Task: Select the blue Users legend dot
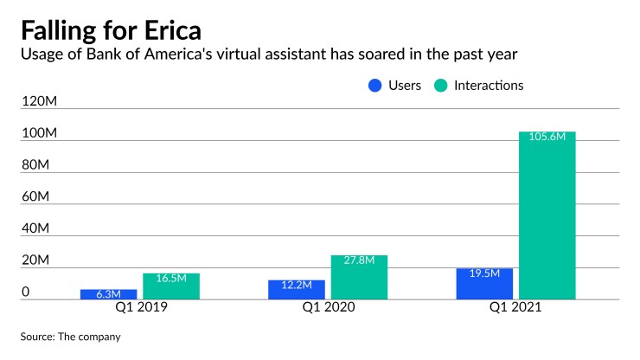click(x=374, y=86)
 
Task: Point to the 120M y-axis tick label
click(x=39, y=102)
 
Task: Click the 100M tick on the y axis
click(x=39, y=134)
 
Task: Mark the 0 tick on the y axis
click(x=26, y=292)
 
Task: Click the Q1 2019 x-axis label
click(x=139, y=309)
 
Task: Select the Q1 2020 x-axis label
click(x=328, y=309)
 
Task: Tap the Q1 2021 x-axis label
click(x=515, y=309)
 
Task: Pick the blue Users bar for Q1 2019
click(x=109, y=294)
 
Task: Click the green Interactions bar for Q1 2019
click(x=171, y=286)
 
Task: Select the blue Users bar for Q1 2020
click(x=297, y=290)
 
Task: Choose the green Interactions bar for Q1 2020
click(x=359, y=278)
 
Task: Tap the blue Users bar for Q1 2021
click(x=484, y=284)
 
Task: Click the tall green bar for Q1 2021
click(x=547, y=216)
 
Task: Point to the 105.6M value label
click(x=547, y=138)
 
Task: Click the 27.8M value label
click(x=359, y=260)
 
